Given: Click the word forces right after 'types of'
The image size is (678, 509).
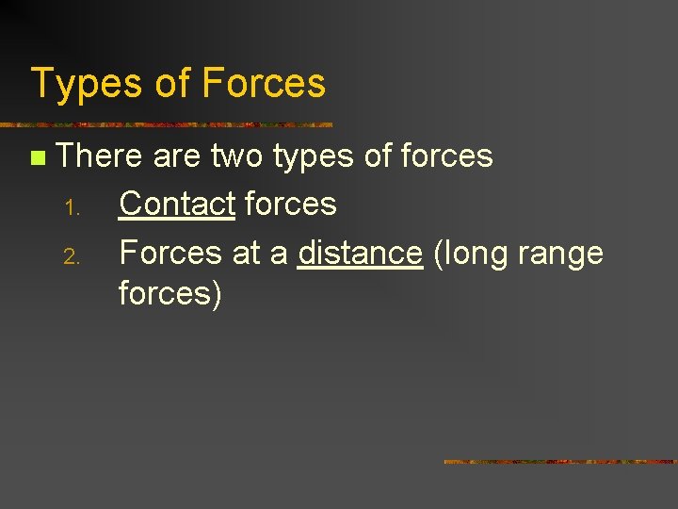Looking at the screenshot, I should click(446, 156).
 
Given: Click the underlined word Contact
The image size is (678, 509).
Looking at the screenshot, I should click(177, 203).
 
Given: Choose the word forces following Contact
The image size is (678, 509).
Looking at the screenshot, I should click(290, 203).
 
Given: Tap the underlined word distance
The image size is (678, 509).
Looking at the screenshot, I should click(360, 253).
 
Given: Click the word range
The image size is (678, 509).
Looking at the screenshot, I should click(564, 254).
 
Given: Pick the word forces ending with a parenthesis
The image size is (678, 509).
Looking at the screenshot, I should click(170, 293).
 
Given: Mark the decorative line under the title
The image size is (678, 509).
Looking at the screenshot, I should click(166, 124).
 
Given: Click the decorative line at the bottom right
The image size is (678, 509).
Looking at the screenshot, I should click(560, 462).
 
